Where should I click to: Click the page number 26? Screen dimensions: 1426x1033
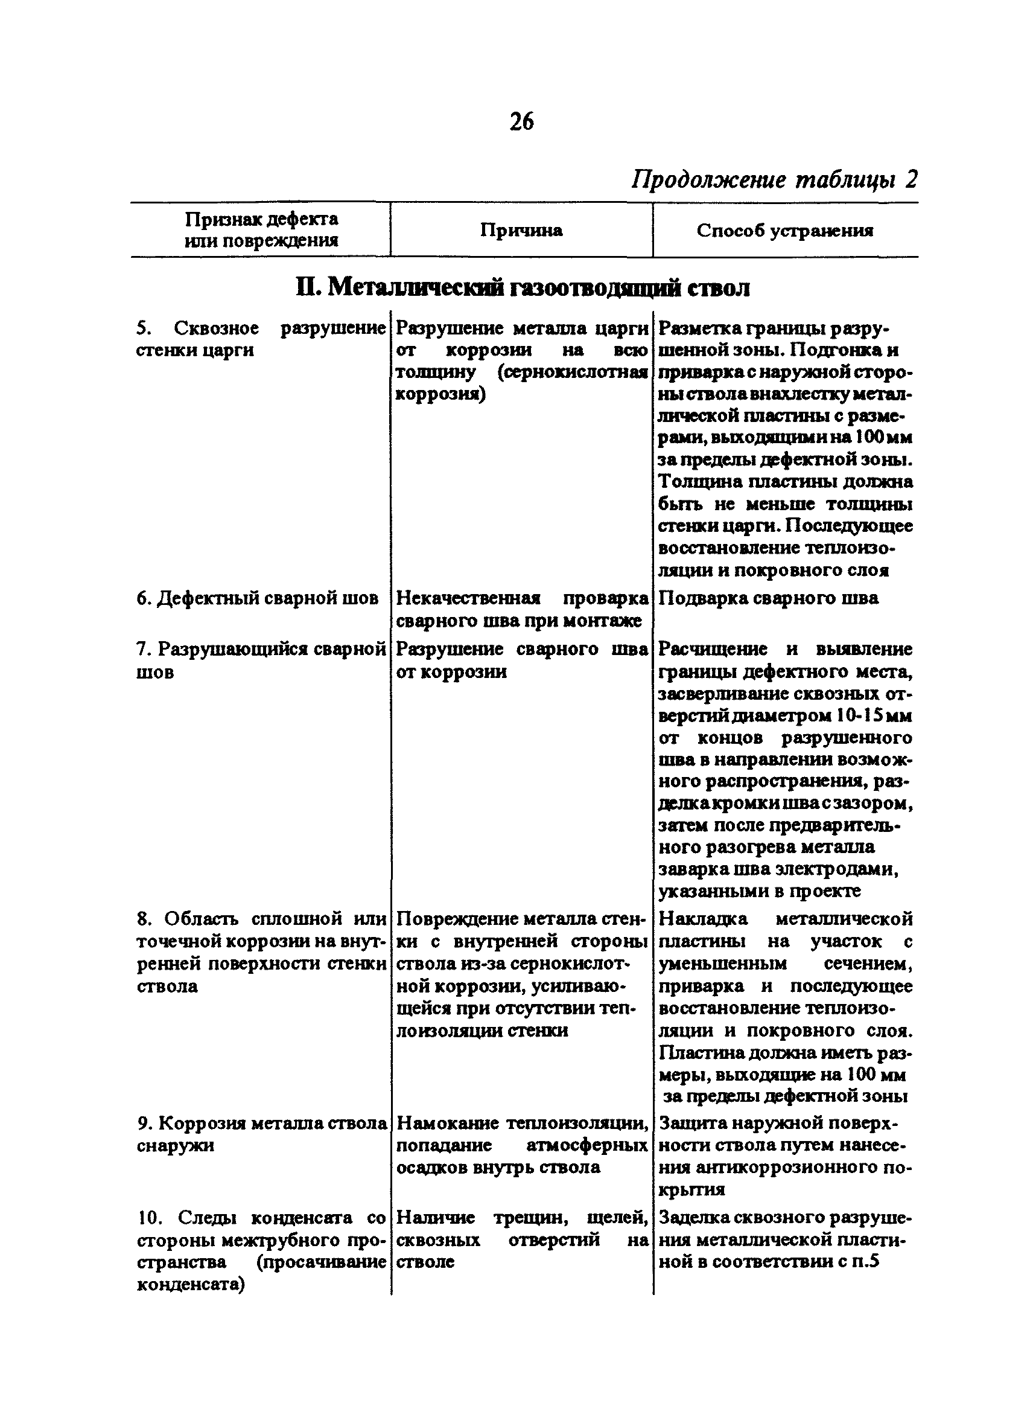tap(521, 121)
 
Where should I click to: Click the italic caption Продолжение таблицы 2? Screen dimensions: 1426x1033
tap(774, 180)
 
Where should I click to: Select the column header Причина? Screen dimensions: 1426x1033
tap(521, 231)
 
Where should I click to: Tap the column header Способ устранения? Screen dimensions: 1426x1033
tap(785, 231)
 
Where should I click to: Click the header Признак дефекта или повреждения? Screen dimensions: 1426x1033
tap(261, 230)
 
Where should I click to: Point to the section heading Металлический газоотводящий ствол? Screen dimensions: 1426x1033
tap(522, 288)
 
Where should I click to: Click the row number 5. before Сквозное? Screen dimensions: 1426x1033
tap(144, 328)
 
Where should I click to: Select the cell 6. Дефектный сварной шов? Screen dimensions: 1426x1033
tap(257, 597)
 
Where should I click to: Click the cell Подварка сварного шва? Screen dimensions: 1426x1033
tap(768, 597)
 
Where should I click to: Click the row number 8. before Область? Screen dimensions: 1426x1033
tap(144, 919)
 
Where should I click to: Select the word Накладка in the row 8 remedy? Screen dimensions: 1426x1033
tap(703, 919)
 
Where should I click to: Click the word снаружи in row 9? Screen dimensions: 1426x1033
tap(176, 1146)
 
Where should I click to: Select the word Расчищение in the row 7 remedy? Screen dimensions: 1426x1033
tap(713, 649)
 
